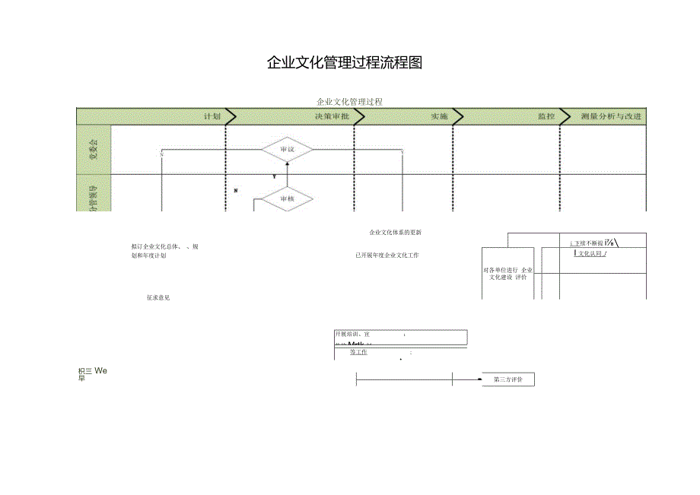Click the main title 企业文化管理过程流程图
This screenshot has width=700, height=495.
345,63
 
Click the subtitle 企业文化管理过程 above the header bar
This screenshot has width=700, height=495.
349,101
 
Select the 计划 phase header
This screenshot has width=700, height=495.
212,116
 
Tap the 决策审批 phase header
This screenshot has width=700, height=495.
332,116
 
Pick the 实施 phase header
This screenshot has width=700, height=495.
439,116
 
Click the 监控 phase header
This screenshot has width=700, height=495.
546,116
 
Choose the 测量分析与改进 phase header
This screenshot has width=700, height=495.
611,116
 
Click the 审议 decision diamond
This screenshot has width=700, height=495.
288,150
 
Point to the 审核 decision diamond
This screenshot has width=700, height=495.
287,198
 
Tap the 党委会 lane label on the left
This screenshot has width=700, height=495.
94,149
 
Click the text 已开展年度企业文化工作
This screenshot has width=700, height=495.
387,255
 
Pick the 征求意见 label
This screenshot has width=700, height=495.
158,297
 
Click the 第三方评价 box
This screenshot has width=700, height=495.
508,379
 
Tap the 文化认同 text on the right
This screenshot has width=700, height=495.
590,253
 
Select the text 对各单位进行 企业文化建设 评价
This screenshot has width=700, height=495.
508,274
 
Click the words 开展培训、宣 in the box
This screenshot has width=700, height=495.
352,334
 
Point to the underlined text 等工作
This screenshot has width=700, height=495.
358,352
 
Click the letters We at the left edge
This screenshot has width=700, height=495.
101,370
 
